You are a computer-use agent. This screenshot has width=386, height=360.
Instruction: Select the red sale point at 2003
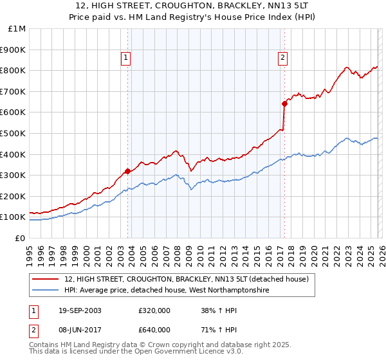coord(127,171)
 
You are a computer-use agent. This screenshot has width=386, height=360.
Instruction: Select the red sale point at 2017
coord(283,103)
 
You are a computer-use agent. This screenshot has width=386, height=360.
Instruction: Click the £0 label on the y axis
coord(20,238)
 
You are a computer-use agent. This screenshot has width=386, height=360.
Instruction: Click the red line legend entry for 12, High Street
coord(187,280)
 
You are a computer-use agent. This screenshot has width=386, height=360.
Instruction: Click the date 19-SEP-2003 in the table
coord(76,310)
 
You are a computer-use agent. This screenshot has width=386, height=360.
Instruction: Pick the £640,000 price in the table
coord(154,330)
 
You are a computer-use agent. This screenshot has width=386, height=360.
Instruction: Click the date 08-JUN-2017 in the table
coord(76,330)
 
